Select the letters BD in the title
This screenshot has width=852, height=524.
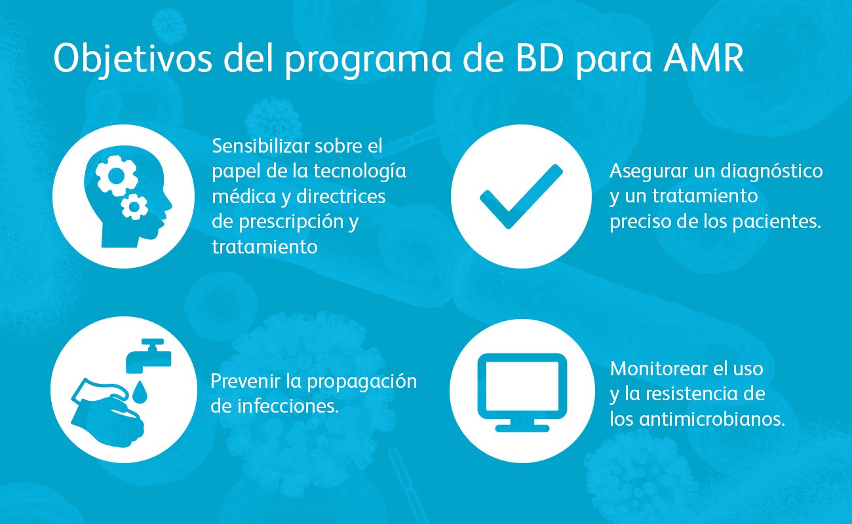point(539,58)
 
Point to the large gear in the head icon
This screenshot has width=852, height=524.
point(116,176)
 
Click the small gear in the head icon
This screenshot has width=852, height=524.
point(134,207)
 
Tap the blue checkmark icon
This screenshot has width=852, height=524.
point(521,196)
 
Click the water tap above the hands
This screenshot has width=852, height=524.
point(149,356)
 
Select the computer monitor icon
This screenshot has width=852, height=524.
point(522,392)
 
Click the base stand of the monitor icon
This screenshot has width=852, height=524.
point(522,426)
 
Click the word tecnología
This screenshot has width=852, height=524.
point(360,172)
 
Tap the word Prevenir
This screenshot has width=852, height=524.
point(245,381)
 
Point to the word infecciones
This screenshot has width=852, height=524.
point(288,406)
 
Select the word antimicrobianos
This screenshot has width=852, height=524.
point(712,419)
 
